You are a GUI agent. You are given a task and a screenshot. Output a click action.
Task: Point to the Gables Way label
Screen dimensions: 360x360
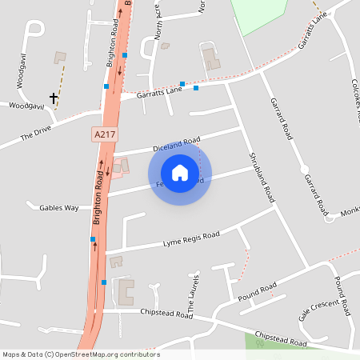[59, 207]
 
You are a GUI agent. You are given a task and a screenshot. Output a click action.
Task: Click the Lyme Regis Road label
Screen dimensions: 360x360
[191, 238]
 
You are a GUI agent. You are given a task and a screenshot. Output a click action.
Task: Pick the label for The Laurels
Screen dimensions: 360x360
[193, 292]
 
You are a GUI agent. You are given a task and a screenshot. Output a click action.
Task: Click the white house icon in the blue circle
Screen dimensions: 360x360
[180, 172]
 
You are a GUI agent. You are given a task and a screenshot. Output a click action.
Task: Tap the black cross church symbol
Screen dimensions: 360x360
[54, 98]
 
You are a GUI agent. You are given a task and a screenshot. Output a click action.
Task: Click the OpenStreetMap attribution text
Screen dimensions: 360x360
[81, 354]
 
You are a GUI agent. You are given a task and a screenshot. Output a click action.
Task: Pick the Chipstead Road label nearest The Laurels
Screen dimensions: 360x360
[166, 314]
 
